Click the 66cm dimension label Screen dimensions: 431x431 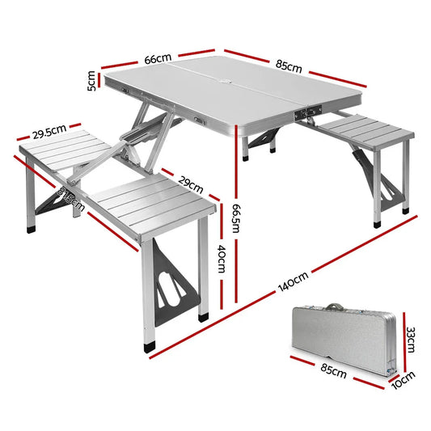tap(158, 59)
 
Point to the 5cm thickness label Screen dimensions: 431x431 tap(92, 82)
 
